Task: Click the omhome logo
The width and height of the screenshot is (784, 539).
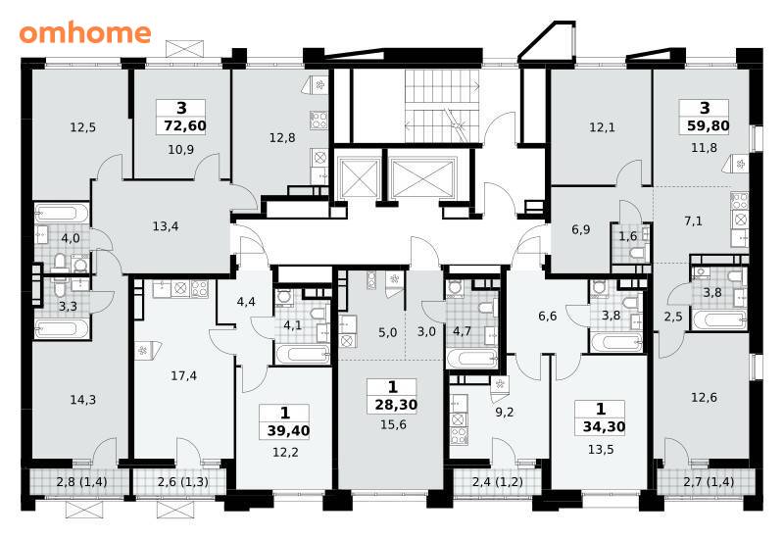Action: pos(85,32)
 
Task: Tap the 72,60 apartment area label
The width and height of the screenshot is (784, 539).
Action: pos(185,125)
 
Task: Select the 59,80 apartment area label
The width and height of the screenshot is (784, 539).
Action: pos(708,125)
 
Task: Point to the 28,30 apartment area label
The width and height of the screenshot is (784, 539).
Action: pos(396,404)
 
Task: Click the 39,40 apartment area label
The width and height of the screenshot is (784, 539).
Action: pos(288,430)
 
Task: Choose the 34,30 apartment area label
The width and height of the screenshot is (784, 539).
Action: pos(604,426)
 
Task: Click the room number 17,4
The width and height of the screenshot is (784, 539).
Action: pos(183,375)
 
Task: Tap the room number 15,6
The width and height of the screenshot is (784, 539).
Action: pos(393,425)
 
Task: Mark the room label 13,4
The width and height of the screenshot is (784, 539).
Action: pos(166,226)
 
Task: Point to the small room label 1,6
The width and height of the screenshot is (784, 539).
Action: pos(627,236)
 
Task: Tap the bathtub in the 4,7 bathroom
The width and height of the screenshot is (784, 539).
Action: pos(472,359)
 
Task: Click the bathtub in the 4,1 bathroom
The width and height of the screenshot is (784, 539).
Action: pos(303,354)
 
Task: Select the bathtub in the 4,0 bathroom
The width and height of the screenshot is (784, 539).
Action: pos(62,214)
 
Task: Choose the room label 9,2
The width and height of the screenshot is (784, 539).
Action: pos(504,413)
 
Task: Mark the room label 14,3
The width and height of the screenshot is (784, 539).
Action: pos(83,400)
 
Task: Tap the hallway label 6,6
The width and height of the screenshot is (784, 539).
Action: pos(548,316)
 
